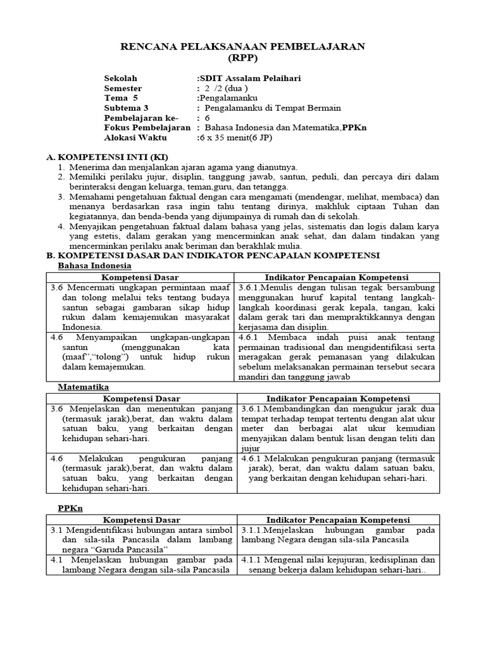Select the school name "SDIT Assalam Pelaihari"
(251, 78)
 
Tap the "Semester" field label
(123, 88)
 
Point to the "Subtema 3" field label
(126, 108)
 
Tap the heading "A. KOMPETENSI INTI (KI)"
(108, 156)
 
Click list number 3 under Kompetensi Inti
(61, 197)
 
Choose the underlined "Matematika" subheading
(84, 387)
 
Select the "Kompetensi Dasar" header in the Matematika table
(141, 399)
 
